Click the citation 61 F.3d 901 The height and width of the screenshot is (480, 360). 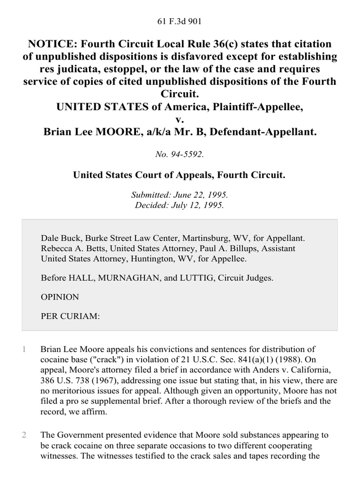180,21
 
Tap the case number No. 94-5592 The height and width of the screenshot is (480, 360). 180,152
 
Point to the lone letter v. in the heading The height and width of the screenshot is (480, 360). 180,120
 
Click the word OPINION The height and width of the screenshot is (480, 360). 60,297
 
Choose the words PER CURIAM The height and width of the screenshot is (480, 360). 70,316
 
